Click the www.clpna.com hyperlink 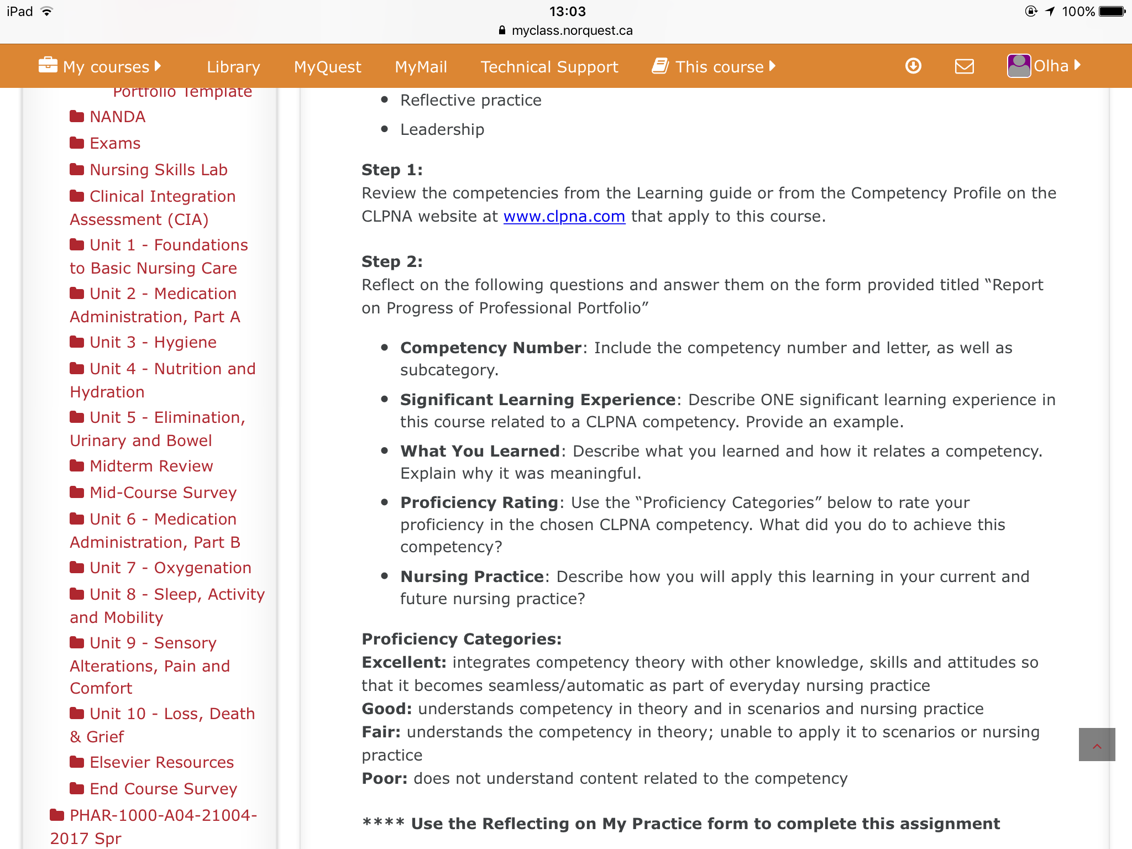tap(564, 216)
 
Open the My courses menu tap(100, 67)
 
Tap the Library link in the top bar tap(233, 67)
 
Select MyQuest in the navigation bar tap(327, 67)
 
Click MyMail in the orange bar tap(421, 67)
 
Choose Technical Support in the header tap(549, 67)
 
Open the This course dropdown tap(714, 67)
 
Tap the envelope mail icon tap(964, 66)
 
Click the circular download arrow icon tap(913, 66)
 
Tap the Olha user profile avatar tap(1019, 66)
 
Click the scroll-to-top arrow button tap(1097, 745)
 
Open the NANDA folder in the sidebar tap(117, 117)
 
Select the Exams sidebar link tap(115, 143)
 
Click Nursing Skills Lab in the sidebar tap(158, 170)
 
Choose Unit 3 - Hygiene tap(153, 342)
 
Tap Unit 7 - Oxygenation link tap(170, 568)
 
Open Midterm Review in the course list tap(151, 466)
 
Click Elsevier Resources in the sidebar tap(161, 762)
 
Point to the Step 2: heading tap(392, 261)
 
